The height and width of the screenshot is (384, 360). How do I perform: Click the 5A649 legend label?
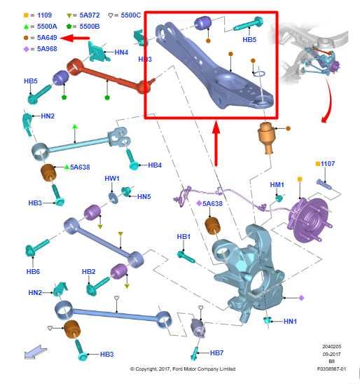pos(47,37)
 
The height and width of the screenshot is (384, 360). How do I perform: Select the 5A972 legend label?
pos(90,15)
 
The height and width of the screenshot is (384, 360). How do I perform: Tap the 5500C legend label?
pos(131,15)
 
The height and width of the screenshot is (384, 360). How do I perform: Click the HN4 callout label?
pos(121,52)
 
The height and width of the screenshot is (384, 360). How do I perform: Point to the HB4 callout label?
pos(155,165)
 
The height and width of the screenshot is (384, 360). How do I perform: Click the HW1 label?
pos(112,178)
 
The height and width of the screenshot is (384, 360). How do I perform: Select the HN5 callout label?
pos(144,196)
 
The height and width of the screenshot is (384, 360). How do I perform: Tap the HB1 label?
pos(184,237)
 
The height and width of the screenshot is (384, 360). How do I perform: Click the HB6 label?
pos(33,271)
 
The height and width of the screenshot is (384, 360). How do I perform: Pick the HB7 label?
pos(216,352)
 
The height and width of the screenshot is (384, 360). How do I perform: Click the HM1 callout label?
pos(277,184)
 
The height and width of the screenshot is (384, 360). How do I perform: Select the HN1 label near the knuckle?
pos(290,321)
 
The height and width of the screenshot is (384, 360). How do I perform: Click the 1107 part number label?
pos(328,163)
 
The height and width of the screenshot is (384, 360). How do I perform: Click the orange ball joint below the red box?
pos(267,137)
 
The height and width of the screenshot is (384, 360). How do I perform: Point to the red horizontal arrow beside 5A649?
pos(75,39)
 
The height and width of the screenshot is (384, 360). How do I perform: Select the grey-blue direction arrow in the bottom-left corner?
pos(36,352)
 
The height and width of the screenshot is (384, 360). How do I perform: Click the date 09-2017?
pos(331,354)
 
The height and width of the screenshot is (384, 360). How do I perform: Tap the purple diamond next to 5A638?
pos(199,203)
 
